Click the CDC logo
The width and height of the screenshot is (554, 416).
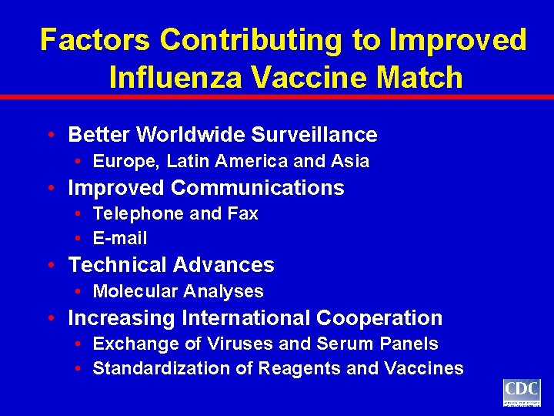[522, 392]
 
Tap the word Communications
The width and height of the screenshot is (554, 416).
[258, 187]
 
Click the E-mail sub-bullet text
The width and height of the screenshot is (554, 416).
[120, 239]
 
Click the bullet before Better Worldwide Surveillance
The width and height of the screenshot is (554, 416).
[50, 135]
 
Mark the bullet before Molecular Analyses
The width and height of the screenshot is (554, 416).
[79, 291]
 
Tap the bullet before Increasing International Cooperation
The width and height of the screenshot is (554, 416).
[50, 317]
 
